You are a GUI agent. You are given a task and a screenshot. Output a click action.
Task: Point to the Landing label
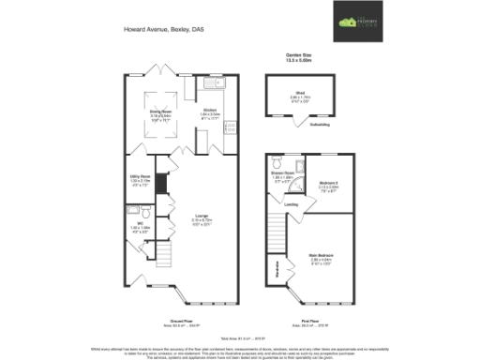[x=292, y=203]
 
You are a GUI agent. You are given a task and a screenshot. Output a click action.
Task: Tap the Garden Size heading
[x=299, y=54]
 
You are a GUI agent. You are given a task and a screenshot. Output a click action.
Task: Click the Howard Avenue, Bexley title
[x=163, y=30]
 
